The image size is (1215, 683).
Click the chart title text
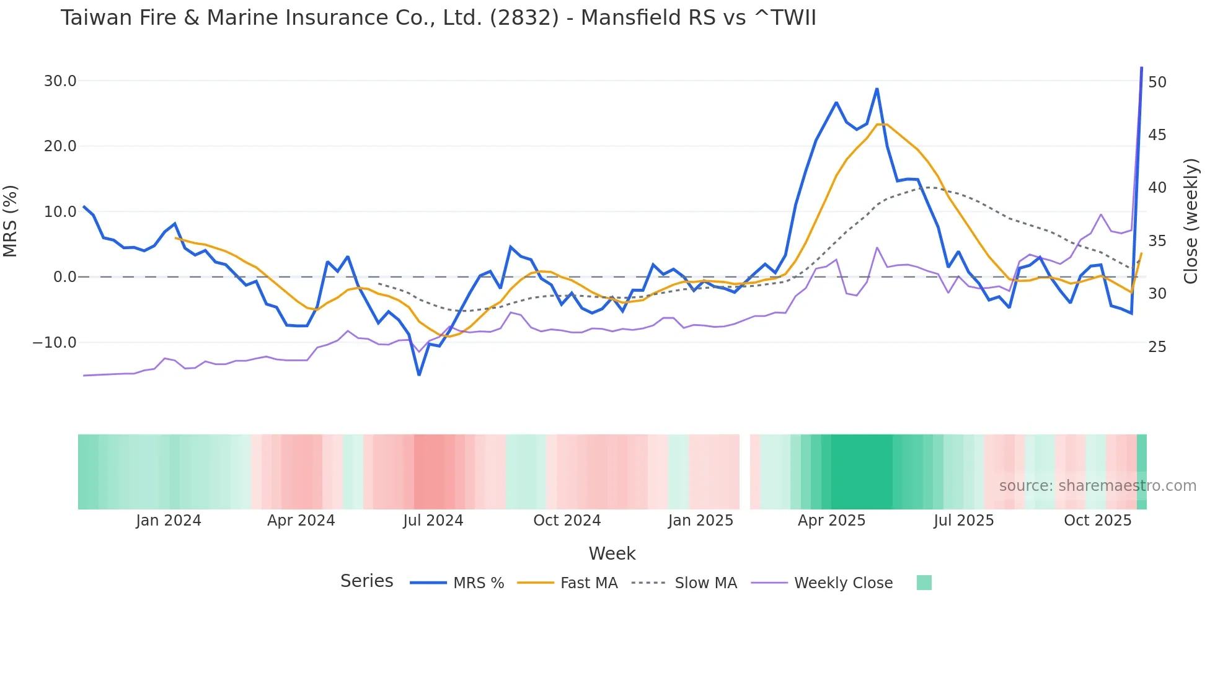(x=438, y=18)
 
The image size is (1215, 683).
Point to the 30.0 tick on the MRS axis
(x=60, y=81)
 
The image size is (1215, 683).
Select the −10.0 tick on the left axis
(x=55, y=343)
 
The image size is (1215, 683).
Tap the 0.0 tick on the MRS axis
(x=65, y=277)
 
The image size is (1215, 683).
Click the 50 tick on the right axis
(x=1157, y=82)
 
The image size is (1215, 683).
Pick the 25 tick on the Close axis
(x=1157, y=347)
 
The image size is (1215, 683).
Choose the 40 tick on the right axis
(x=1157, y=188)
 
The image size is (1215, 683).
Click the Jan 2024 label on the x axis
(x=169, y=521)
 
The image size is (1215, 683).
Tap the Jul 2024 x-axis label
(x=433, y=521)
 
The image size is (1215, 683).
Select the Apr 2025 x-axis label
(x=831, y=521)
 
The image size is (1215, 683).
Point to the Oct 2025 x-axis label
(x=1097, y=521)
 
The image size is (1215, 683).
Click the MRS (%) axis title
(x=11, y=221)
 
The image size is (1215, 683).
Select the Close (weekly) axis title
(x=1190, y=221)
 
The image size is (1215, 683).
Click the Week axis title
(x=612, y=553)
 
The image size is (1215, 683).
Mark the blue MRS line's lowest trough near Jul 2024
(x=419, y=374)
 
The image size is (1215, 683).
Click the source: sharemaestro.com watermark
(x=1097, y=486)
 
